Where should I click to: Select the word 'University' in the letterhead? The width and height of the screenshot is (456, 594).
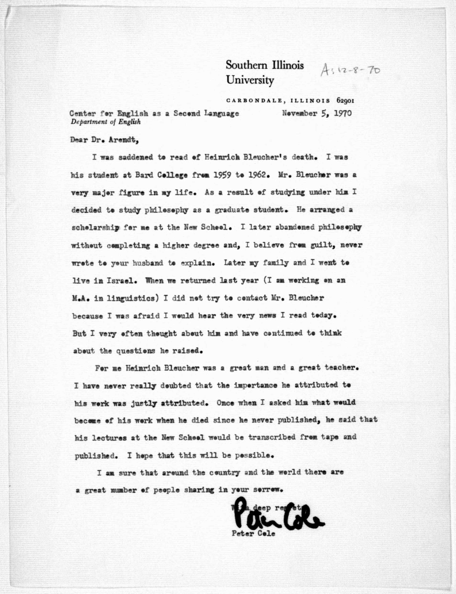tap(250, 80)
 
